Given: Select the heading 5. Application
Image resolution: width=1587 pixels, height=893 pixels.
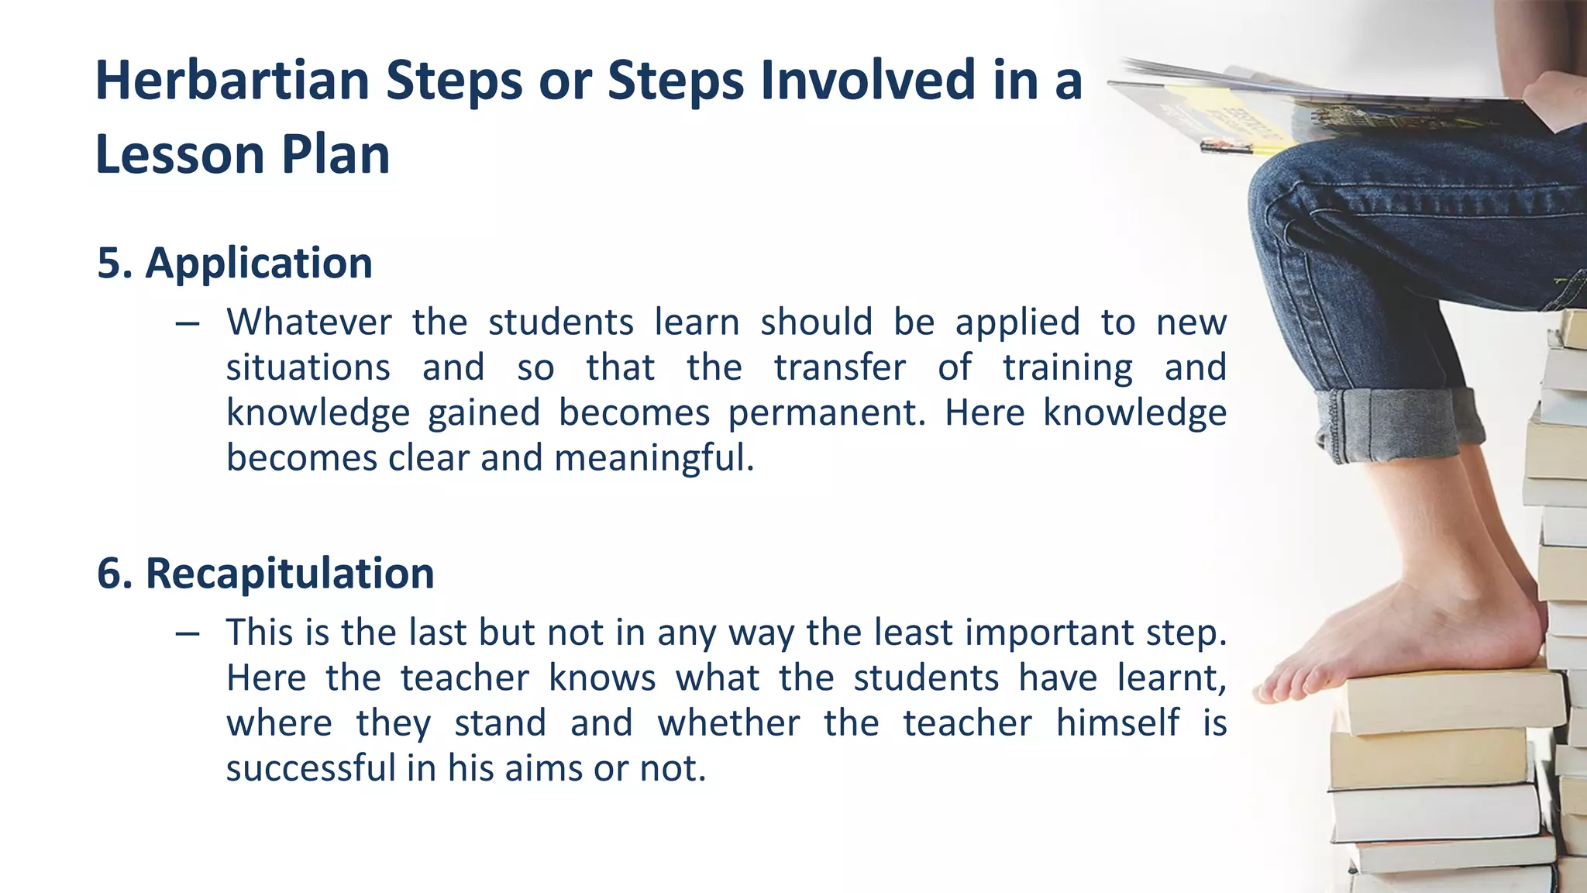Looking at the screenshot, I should click(x=235, y=263).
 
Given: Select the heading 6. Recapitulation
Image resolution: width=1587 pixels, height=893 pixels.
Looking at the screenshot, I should click(x=265, y=574).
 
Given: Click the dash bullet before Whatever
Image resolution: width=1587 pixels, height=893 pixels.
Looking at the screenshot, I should click(x=187, y=322).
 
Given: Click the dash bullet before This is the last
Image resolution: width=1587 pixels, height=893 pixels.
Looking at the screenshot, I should click(x=187, y=633).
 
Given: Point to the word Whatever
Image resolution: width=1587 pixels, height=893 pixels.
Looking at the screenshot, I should click(x=308, y=322).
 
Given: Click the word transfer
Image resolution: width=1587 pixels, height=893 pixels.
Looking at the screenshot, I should click(x=839, y=367).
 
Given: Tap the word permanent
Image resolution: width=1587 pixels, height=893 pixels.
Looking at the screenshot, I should click(x=826, y=412).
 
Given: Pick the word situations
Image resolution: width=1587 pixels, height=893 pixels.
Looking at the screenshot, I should click(x=308, y=367).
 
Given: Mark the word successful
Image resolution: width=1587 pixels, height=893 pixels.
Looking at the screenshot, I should click(x=311, y=768).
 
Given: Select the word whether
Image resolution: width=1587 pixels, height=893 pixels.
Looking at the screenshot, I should click(x=728, y=723).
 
